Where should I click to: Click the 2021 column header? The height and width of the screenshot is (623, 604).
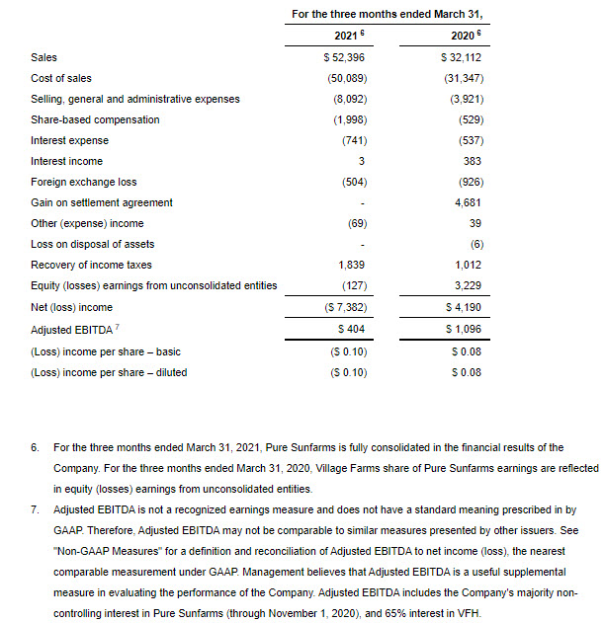pos(339,37)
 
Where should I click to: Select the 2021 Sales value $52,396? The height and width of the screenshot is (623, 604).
pos(339,57)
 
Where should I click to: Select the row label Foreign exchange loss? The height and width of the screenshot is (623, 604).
pos(83,182)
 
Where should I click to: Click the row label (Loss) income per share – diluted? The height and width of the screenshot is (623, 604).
pos(109,372)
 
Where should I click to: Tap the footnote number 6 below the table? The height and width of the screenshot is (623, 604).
pos(35,448)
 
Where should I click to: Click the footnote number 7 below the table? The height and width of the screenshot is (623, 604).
pos(35,509)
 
